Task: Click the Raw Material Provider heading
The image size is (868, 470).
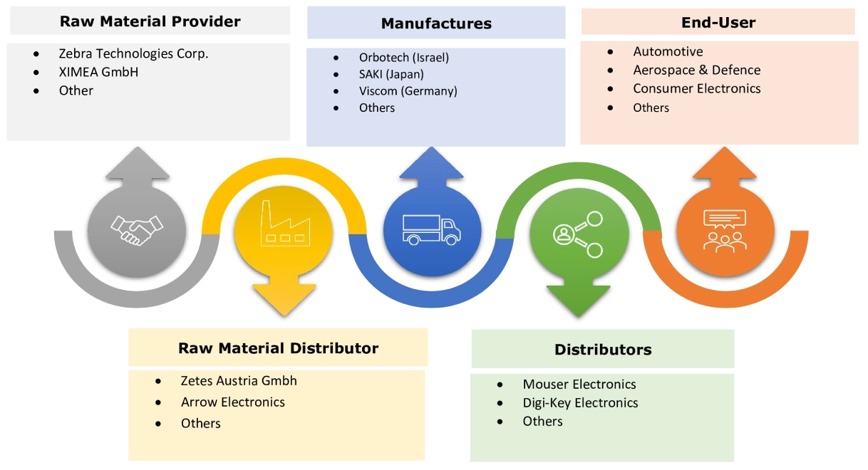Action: pyautogui.click(x=150, y=21)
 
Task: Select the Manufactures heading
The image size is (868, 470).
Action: pyautogui.click(x=436, y=23)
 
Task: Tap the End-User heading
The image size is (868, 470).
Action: pyautogui.click(x=718, y=22)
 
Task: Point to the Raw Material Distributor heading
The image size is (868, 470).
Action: pyautogui.click(x=278, y=348)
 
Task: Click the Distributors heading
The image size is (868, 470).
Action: pyautogui.click(x=603, y=350)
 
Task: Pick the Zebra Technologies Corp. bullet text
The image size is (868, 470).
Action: pyautogui.click(x=134, y=53)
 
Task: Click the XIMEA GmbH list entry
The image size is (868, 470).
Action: pyautogui.click(x=98, y=72)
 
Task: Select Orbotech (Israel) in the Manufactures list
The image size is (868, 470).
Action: pyautogui.click(x=404, y=57)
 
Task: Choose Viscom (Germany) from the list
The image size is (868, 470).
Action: pyautogui.click(x=408, y=91)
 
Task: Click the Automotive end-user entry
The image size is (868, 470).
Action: pyautogui.click(x=668, y=51)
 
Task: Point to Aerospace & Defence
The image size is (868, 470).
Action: pyautogui.click(x=696, y=70)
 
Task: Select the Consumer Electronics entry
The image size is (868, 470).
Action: pyautogui.click(x=696, y=88)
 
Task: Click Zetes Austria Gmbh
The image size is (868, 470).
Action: pyautogui.click(x=239, y=381)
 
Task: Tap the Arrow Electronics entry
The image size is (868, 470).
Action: pyautogui.click(x=233, y=402)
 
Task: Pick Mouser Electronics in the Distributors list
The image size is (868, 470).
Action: pyautogui.click(x=579, y=385)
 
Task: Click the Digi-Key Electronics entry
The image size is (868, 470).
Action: pyautogui.click(x=580, y=403)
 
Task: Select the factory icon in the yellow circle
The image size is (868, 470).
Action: pyautogui.click(x=284, y=224)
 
